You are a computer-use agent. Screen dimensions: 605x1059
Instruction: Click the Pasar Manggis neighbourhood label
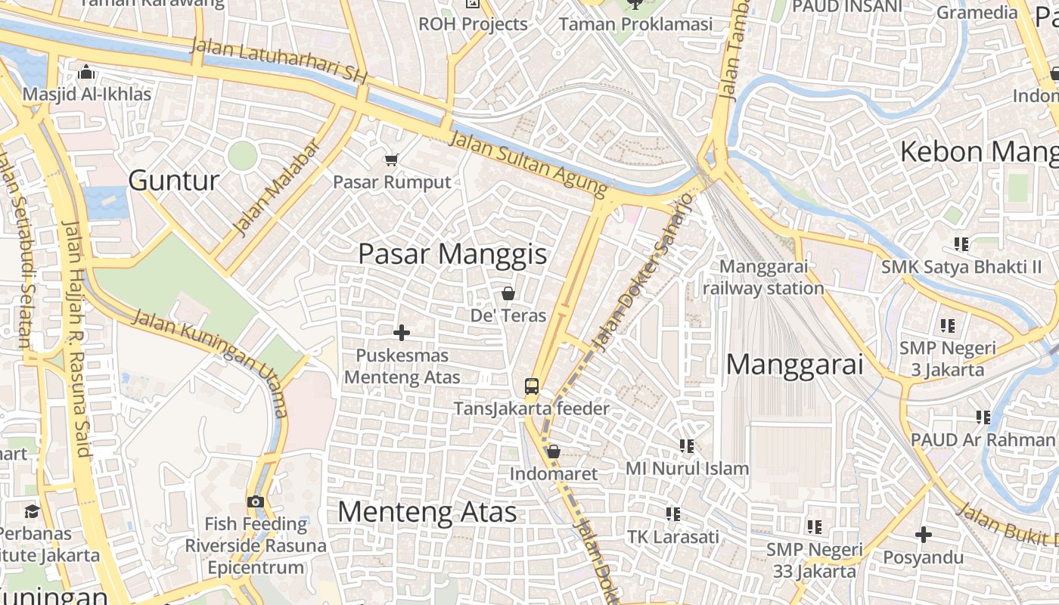click(452, 254)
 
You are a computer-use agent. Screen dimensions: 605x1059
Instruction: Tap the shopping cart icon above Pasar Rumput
click(391, 160)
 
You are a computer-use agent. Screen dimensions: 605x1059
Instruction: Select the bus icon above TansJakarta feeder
click(532, 386)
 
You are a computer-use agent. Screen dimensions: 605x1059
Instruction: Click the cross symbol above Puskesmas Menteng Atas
click(402, 332)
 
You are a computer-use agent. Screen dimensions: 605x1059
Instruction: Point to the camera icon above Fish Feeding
click(256, 501)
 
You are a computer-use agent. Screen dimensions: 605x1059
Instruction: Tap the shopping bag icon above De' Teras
click(508, 293)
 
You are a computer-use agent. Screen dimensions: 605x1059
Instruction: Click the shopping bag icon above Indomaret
click(553, 451)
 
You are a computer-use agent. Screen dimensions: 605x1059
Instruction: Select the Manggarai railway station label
click(763, 278)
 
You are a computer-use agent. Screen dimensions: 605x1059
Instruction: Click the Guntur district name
click(174, 181)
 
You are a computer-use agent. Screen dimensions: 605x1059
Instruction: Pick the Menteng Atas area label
click(427, 512)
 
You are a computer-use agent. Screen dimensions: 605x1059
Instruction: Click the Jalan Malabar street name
click(278, 186)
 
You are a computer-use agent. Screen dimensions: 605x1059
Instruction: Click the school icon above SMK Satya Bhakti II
click(961, 244)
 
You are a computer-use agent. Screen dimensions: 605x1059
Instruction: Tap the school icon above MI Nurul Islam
click(686, 445)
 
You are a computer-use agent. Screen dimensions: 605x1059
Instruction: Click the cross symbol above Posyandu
click(923, 535)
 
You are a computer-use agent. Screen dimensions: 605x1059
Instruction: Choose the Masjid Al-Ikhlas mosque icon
click(86, 72)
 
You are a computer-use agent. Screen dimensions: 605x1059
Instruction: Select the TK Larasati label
click(673, 537)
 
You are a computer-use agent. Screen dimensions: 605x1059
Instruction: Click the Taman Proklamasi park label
click(635, 24)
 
